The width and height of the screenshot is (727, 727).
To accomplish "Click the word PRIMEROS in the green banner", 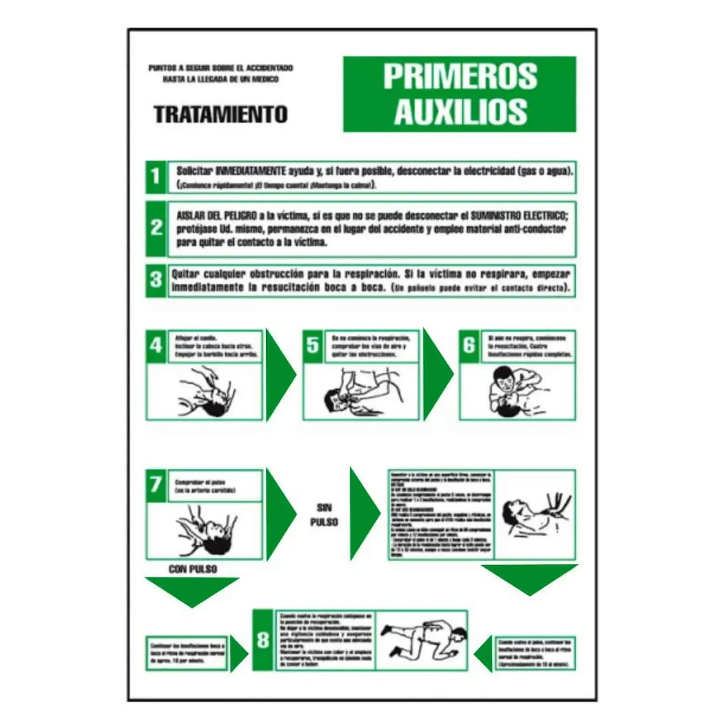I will [x=460, y=76].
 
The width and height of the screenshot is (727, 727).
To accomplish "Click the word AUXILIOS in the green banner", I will [x=460, y=111].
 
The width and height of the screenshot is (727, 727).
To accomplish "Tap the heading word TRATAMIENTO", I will [x=220, y=114].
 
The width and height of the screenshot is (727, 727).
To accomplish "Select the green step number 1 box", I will [x=156, y=176].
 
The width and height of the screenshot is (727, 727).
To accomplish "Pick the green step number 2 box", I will [x=156, y=228].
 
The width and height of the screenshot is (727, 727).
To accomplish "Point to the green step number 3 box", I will [x=156, y=280].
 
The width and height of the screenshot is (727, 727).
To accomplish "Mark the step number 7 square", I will [x=156, y=485].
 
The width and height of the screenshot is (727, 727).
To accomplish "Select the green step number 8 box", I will [x=263, y=640].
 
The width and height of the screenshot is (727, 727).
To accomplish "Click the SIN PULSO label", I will [x=324, y=515].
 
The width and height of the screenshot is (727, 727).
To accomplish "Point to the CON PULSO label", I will [x=193, y=569].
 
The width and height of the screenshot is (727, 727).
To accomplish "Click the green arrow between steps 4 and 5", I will [x=279, y=375].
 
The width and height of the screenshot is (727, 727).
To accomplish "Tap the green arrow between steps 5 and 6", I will [x=436, y=375].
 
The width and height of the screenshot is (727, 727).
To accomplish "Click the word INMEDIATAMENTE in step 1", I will [x=250, y=171].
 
